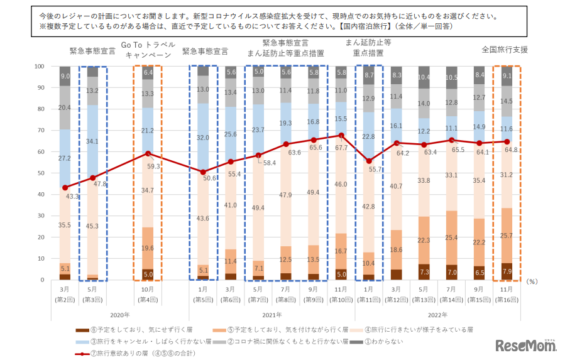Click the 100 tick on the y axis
tap(39, 66)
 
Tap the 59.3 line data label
tap(153, 166)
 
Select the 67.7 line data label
tap(341, 148)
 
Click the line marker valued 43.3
tap(65, 187)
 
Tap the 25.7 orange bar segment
tap(506, 236)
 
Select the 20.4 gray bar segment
tap(65, 107)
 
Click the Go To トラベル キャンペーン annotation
tap(148, 50)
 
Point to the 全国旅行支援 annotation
tap(505, 49)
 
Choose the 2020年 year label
tap(119, 314)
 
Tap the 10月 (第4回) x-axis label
tap(148, 293)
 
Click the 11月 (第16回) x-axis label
tap(506, 293)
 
